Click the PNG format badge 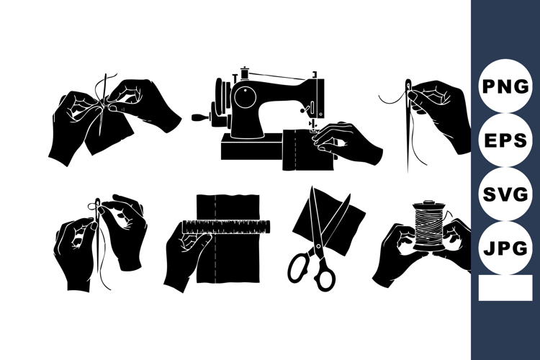[505, 86]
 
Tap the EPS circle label [505, 140]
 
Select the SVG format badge [505, 195]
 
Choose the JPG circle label [505, 249]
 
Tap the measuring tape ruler [226, 228]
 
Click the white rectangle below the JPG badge [505, 288]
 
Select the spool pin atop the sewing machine [245, 72]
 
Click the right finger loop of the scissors [325, 276]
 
